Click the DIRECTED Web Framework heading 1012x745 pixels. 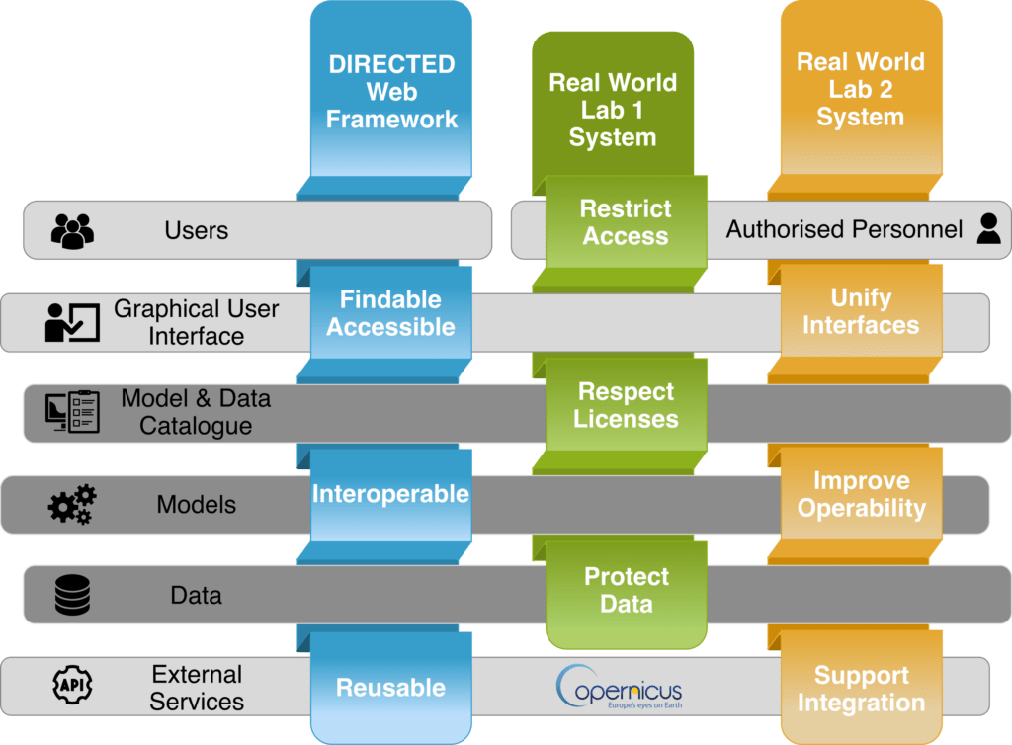pos(391,92)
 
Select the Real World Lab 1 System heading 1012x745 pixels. pos(613,110)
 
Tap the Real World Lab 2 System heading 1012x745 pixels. pos(861,90)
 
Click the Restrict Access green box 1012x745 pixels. pos(625,222)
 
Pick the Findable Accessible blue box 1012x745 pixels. pos(391,313)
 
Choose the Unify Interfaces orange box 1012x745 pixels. pos(861,311)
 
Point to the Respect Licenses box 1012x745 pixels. pos(626,405)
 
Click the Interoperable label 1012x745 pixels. pos(391,494)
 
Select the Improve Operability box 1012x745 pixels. pos(861,495)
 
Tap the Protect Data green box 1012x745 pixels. pos(626,590)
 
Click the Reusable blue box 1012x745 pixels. pos(391,688)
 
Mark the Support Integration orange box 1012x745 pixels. pos(861,690)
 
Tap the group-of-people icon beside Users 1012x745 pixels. pos(72,231)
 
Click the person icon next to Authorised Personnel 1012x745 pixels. pos(988,229)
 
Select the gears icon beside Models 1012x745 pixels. pos(73,505)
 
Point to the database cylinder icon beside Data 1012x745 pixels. pos(73,596)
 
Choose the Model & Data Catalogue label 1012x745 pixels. pos(196,413)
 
